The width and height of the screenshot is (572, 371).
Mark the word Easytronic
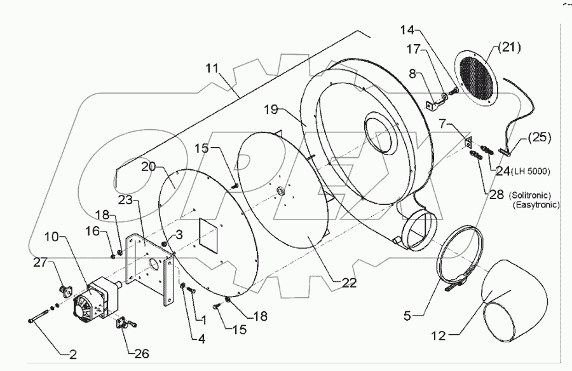pos(538,206)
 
